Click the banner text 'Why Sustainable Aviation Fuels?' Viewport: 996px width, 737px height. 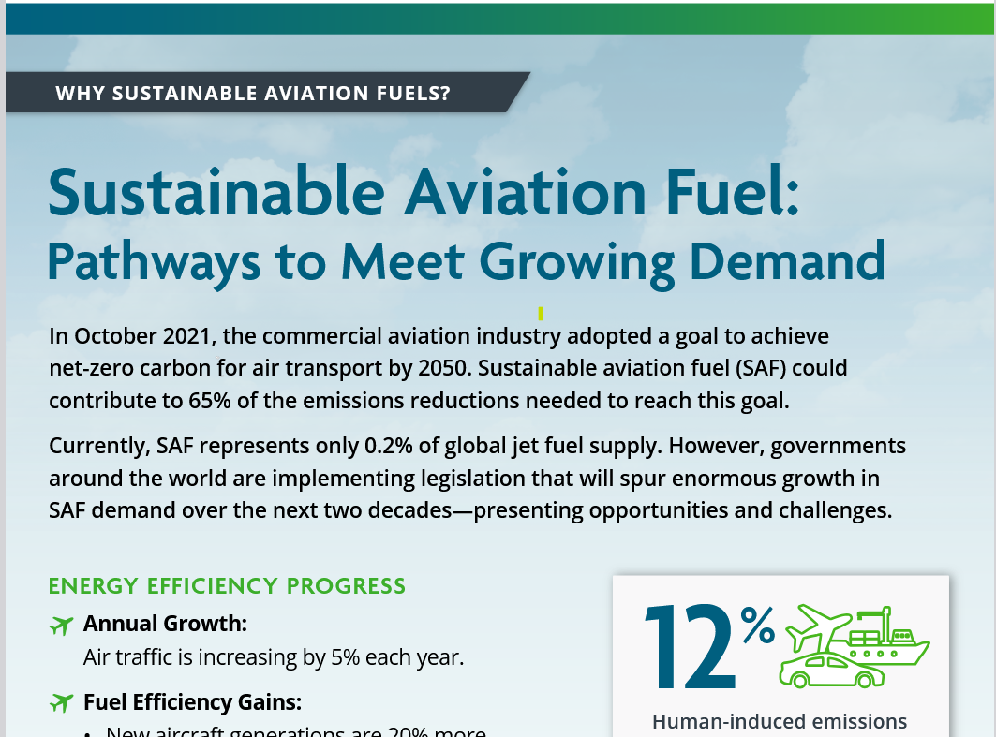pyautogui.click(x=253, y=94)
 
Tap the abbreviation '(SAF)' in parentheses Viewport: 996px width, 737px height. pyautogui.click(x=739, y=368)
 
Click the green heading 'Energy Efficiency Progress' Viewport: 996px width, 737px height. pyautogui.click(x=227, y=586)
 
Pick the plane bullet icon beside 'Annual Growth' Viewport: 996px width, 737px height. pyautogui.click(x=61, y=625)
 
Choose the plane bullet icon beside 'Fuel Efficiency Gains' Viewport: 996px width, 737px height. pyautogui.click(x=61, y=702)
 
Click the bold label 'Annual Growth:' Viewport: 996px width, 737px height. pyautogui.click(x=165, y=624)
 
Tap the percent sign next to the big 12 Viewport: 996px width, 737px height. pyautogui.click(x=758, y=626)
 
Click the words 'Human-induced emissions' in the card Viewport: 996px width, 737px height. pyautogui.click(x=780, y=721)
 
